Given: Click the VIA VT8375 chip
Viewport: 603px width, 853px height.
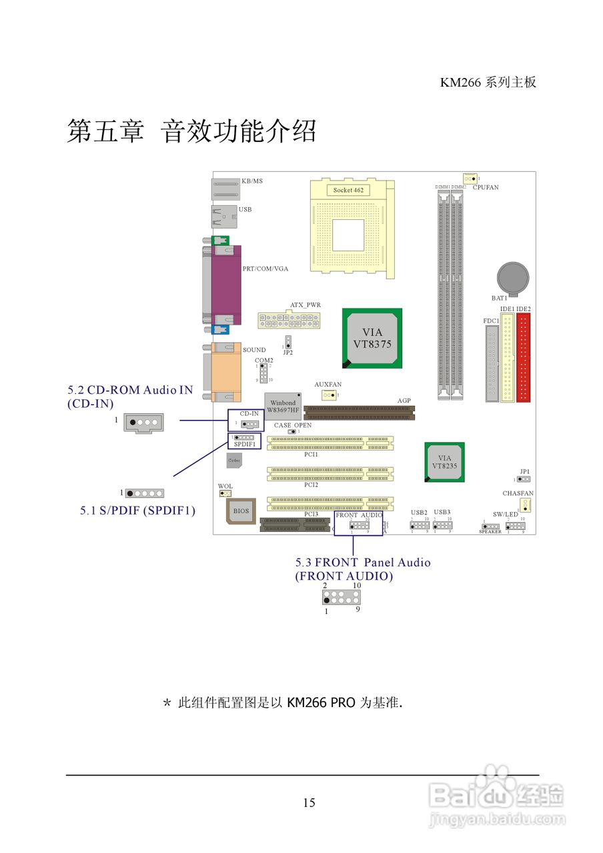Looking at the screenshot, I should click(x=372, y=338).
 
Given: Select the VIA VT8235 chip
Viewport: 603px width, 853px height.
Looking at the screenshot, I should click(x=445, y=462).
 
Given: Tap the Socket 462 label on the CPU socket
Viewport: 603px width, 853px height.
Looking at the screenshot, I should click(x=348, y=190).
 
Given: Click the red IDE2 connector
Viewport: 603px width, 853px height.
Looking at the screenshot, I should click(x=524, y=358).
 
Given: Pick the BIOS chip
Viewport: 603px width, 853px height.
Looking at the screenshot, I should click(x=240, y=510).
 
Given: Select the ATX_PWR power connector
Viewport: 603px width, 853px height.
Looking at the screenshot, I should click(x=290, y=321).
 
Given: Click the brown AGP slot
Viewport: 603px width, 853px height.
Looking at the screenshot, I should click(x=358, y=413).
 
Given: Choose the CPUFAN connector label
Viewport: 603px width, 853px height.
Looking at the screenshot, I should click(x=486, y=188).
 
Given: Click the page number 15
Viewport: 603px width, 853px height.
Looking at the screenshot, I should click(x=309, y=802).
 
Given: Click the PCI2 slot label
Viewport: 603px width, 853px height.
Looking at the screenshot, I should click(x=311, y=484).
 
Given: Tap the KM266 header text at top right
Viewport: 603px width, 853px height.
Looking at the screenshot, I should click(x=488, y=83).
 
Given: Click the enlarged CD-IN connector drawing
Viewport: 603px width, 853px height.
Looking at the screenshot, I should click(x=143, y=423).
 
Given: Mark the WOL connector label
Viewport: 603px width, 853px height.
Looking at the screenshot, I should click(x=225, y=486).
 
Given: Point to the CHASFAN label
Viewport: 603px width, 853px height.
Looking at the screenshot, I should click(x=518, y=494).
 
